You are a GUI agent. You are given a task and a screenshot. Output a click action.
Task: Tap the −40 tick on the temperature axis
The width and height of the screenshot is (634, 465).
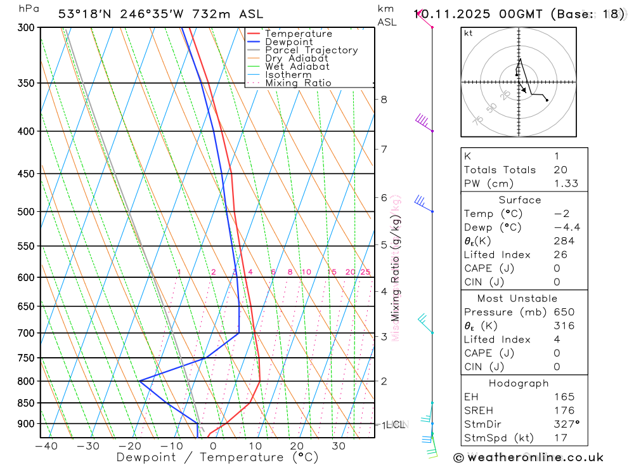point(46,446)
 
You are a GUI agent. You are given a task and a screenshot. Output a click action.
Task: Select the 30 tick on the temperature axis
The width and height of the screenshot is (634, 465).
point(338,446)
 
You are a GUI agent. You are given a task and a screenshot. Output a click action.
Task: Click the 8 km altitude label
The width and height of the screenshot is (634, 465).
point(384,99)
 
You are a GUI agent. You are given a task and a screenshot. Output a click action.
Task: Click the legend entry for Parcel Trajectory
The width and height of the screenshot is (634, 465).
point(311,50)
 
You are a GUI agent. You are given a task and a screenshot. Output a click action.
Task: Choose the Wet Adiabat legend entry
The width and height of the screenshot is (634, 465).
point(297,67)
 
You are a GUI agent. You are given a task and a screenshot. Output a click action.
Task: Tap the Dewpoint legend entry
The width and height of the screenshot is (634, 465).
point(288,42)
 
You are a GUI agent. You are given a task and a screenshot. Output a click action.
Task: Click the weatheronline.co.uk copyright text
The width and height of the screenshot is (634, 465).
point(528,457)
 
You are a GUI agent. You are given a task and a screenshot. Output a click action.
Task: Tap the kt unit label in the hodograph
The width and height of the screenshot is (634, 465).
point(469,33)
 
